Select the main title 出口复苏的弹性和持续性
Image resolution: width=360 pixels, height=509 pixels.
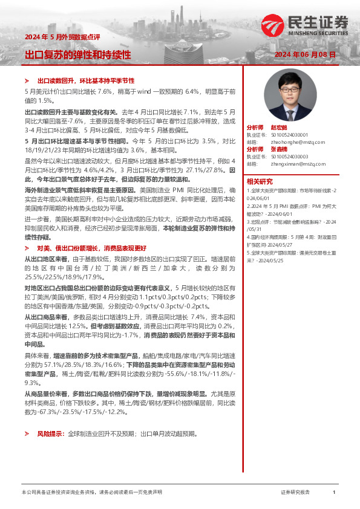pyautogui.click(x=77, y=55)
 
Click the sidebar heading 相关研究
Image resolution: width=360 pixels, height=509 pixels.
pyautogui.click(x=260, y=181)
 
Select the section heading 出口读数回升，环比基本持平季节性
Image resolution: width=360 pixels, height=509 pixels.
pyautogui.click(x=86, y=80)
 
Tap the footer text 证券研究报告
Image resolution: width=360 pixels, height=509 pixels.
pyautogui.click(x=295, y=492)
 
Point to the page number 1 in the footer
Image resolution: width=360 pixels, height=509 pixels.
pyautogui.click(x=334, y=492)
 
